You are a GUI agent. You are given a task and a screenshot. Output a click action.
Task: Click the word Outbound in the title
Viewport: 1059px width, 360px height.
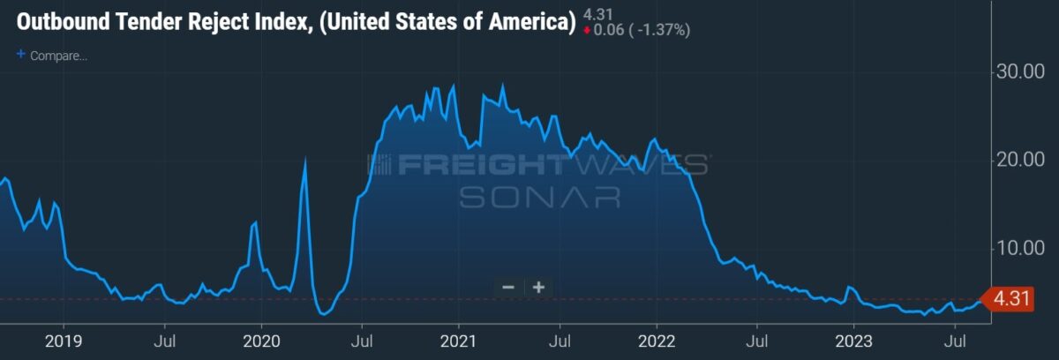(63, 22)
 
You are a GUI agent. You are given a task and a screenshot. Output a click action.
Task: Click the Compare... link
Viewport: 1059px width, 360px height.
(58, 56)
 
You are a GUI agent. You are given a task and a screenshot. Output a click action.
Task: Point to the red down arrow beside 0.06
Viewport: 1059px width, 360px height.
(587, 31)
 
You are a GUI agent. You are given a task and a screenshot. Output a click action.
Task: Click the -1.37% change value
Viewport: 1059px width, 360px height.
(661, 30)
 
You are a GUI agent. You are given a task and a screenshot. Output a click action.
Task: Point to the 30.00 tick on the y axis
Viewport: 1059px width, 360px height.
(1020, 71)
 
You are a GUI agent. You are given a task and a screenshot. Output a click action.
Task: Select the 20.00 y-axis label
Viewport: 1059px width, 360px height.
(1020, 160)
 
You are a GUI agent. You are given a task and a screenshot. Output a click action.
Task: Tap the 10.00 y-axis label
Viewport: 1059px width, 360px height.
(1020, 248)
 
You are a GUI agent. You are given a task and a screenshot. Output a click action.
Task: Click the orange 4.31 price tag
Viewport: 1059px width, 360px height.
(1007, 299)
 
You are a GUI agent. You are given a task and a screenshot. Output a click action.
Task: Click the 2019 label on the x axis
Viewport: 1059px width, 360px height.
(64, 341)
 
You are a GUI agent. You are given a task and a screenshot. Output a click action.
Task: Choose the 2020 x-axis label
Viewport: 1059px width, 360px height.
(261, 341)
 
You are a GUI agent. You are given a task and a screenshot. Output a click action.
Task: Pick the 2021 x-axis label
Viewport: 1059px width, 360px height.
(458, 341)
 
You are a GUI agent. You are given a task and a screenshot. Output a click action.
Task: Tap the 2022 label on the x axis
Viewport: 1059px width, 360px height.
(657, 341)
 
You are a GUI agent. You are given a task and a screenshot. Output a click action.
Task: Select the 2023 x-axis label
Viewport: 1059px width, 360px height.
(854, 341)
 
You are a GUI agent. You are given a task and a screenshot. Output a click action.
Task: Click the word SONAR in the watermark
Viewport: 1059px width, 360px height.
(540, 198)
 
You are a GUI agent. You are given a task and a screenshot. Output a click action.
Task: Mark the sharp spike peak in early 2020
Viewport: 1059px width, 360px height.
(305, 159)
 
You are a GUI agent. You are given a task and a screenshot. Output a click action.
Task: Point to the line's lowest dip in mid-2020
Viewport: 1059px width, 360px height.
(323, 314)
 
